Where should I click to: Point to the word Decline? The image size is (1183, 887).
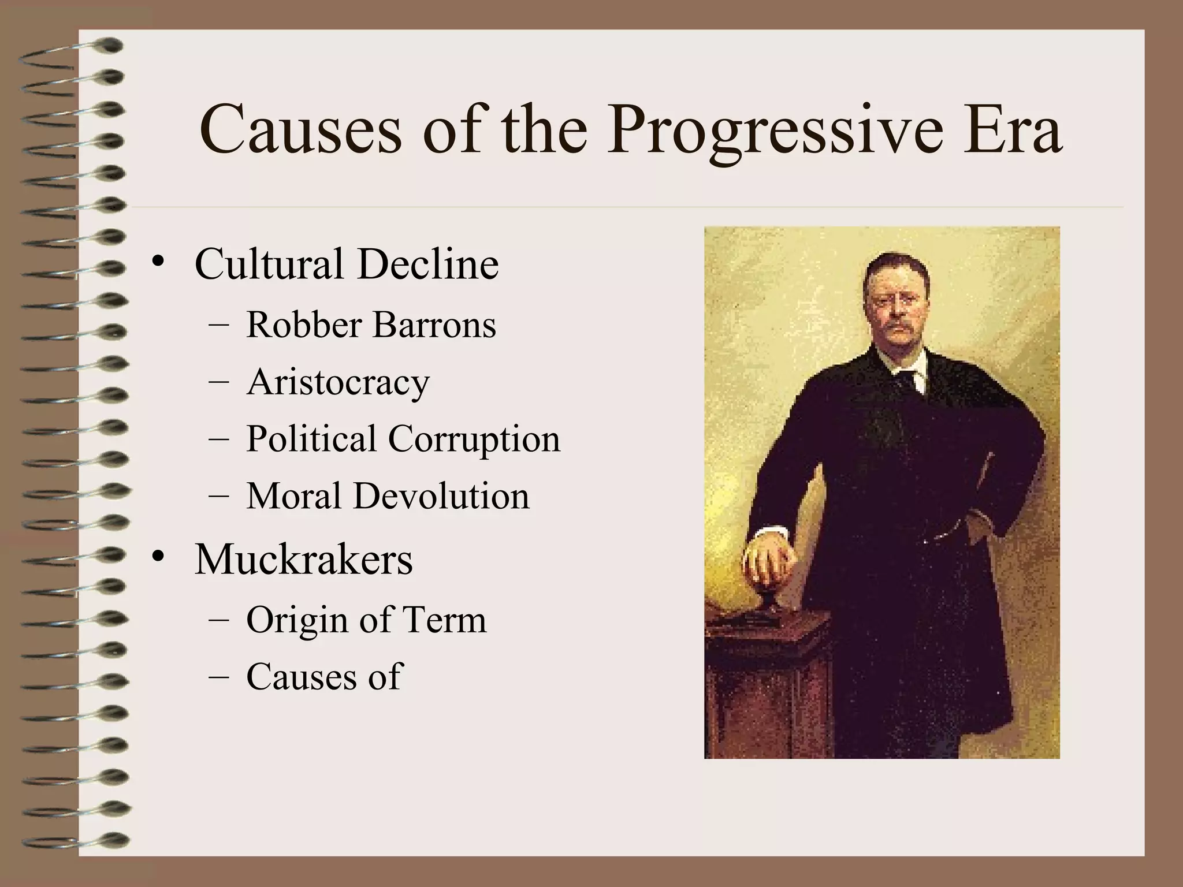427,264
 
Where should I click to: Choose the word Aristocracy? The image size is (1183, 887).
338,382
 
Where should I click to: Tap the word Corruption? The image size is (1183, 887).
474,439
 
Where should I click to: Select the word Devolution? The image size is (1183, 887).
441,496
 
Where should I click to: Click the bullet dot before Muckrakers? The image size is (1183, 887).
158,558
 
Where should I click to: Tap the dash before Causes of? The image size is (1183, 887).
218,677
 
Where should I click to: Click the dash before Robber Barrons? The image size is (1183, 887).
218,325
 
